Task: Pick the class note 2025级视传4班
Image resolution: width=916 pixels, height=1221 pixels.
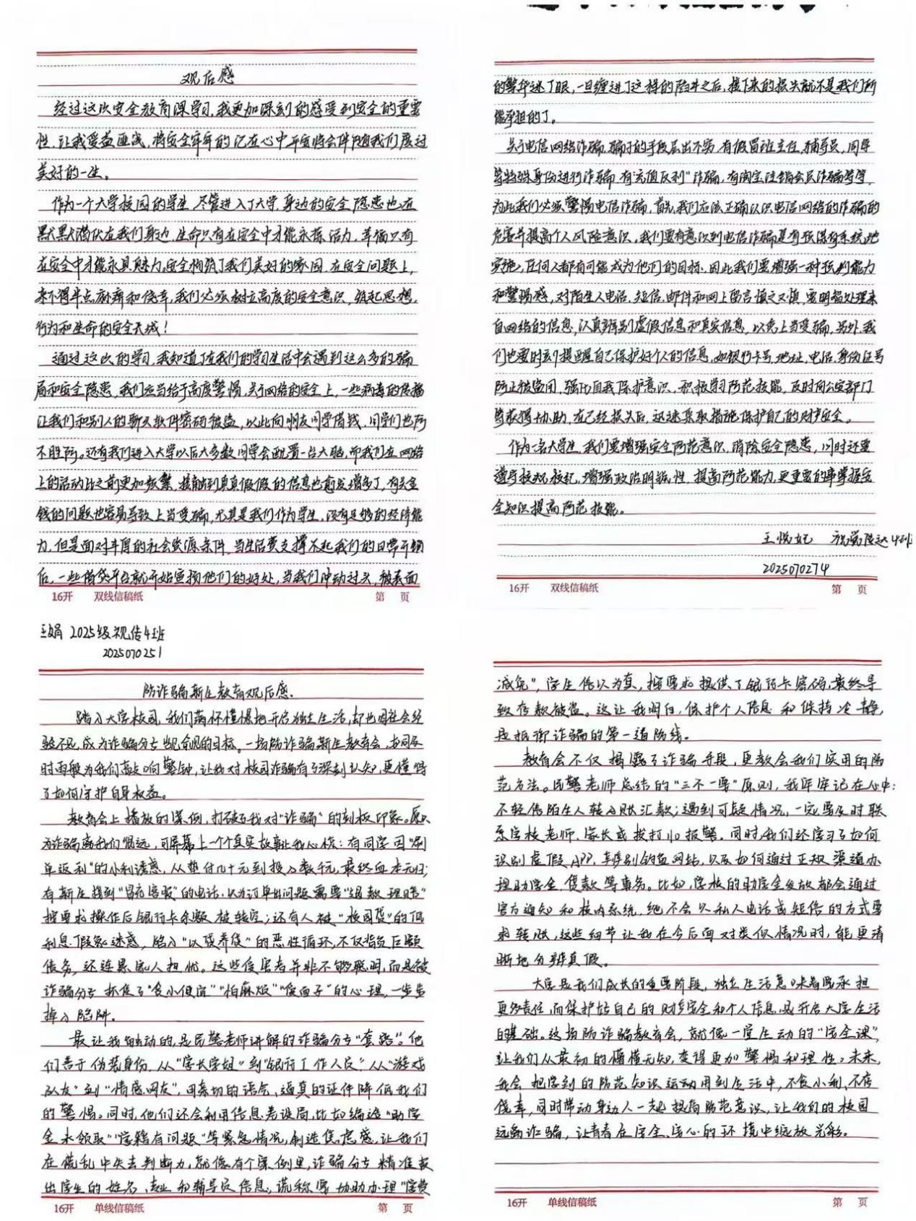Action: point(116,635)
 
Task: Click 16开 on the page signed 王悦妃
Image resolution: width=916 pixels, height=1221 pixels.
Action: point(519,588)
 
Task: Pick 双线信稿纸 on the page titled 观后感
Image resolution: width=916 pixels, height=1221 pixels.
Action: point(119,596)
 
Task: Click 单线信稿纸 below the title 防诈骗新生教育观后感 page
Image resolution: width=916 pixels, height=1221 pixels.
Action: point(119,1207)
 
